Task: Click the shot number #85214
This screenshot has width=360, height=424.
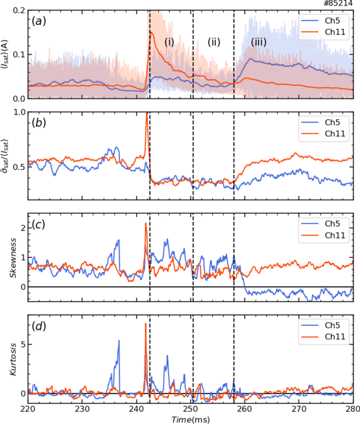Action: pyautogui.click(x=342, y=4)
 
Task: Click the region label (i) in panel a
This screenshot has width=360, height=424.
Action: pyautogui.click(x=169, y=42)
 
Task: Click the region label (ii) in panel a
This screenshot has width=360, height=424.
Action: pyautogui.click(x=213, y=42)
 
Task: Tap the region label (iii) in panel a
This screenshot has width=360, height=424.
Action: pyautogui.click(x=259, y=42)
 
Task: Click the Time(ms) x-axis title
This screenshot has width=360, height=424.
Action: pyautogui.click(x=190, y=418)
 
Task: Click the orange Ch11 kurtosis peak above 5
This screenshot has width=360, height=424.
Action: pyautogui.click(x=146, y=324)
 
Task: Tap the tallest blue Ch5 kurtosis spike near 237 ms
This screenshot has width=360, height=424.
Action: pyautogui.click(x=119, y=341)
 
